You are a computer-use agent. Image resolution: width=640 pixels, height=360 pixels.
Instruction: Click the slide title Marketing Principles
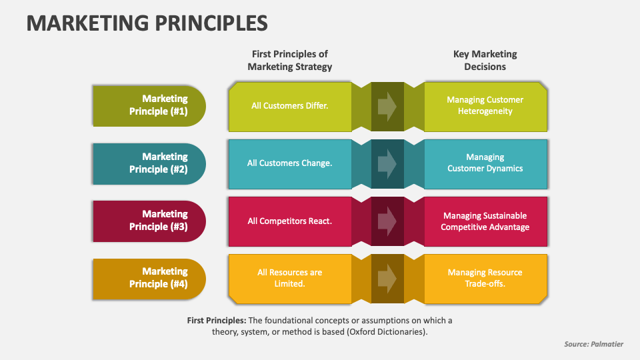coord(147,23)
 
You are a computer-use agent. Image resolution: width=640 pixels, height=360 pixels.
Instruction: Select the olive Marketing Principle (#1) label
coord(149,106)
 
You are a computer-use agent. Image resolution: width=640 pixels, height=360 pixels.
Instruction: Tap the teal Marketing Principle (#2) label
coord(149,164)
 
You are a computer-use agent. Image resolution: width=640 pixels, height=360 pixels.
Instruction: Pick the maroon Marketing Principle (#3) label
coord(149,221)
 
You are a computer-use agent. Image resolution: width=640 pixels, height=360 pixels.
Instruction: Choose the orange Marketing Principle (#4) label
coord(149,279)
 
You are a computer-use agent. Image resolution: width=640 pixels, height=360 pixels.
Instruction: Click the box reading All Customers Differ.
coord(290,107)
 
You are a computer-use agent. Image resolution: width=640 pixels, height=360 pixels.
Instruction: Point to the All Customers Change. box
coord(290,164)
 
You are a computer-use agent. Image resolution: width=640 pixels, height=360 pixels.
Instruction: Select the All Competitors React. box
coord(290,221)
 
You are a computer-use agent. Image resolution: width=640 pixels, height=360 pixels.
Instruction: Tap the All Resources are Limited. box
coord(290,279)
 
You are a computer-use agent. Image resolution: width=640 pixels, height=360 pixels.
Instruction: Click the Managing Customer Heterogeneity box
coord(486,107)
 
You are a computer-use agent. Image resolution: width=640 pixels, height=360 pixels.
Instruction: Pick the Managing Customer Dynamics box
coord(486,164)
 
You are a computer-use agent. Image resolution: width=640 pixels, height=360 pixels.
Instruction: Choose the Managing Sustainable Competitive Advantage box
coord(486,221)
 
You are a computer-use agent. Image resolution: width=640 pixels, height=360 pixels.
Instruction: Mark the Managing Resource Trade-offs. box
coord(486,279)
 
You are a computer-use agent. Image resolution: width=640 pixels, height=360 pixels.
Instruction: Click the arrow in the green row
coord(387,107)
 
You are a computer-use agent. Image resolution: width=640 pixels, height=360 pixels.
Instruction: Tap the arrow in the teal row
coord(387,164)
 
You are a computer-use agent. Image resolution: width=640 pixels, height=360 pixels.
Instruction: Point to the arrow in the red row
coord(387,221)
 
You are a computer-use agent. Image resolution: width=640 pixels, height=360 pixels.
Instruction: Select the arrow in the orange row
coord(387,279)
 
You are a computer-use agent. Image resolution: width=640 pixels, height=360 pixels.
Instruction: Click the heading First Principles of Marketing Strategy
coord(290,61)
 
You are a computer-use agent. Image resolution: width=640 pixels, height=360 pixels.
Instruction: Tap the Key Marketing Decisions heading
coord(485,61)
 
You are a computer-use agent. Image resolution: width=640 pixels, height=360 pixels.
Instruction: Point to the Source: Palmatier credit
coord(593,344)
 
